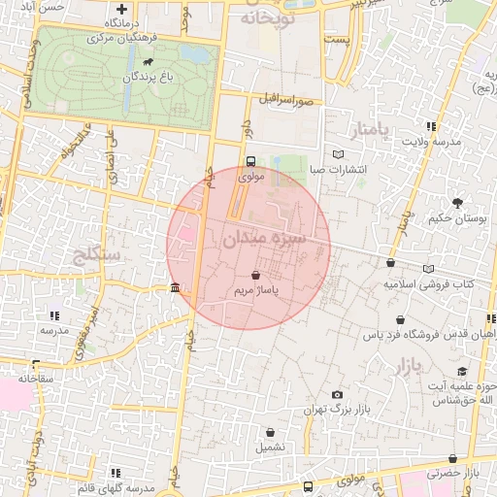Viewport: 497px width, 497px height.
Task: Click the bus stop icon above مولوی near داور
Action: (251, 162)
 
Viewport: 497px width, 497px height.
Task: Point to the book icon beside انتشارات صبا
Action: (338, 154)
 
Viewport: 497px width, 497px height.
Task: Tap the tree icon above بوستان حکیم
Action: (457, 203)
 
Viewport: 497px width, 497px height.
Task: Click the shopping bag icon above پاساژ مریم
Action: (255, 276)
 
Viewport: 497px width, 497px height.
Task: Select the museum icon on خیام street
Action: (175, 288)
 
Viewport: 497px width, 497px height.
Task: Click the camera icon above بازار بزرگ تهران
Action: (337, 395)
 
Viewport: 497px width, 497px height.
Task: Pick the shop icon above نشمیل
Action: (271, 432)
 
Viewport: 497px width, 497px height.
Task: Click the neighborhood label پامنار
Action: (371, 129)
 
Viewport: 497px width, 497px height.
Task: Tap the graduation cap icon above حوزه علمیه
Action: (462, 371)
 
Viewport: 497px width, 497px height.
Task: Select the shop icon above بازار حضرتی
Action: (452, 458)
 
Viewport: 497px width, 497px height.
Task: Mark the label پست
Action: (335, 42)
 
